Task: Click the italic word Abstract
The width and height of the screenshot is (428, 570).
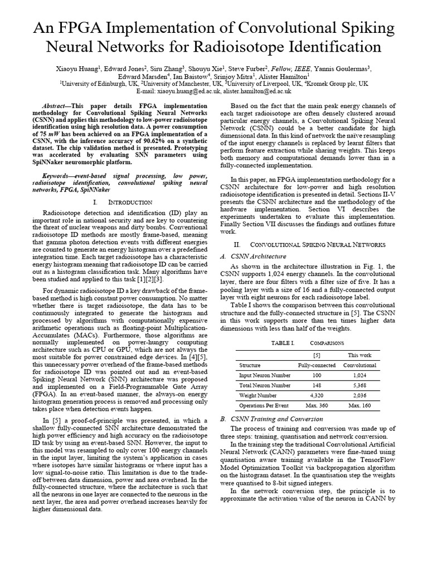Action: pos(56,106)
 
